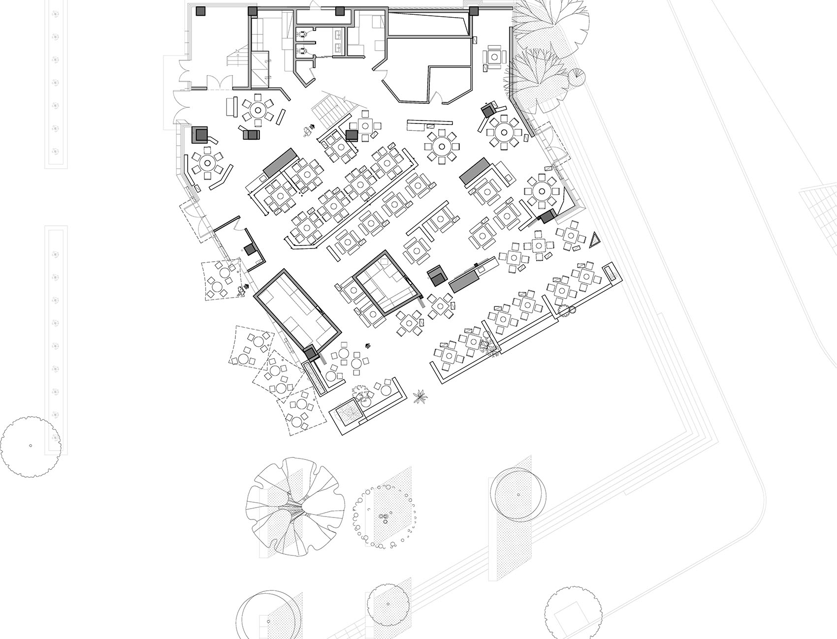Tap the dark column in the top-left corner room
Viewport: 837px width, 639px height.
[200, 11]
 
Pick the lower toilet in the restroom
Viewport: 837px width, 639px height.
[302, 49]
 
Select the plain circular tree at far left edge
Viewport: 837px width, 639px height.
[31, 446]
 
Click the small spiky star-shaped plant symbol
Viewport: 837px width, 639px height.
[420, 396]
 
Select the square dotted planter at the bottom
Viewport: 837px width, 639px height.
[349, 411]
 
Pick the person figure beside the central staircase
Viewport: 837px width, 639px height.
[308, 130]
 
